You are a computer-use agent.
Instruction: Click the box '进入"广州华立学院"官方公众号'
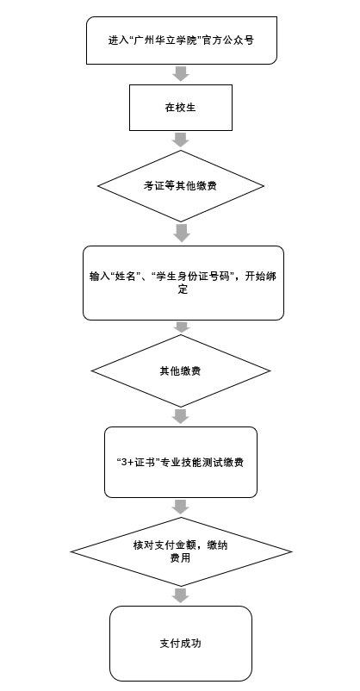[181, 40]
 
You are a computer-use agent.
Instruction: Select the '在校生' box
[181, 107]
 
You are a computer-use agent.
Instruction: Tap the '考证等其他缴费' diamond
[181, 185]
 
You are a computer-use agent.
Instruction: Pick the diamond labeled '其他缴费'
[181, 370]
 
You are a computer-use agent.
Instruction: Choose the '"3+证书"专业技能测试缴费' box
[181, 462]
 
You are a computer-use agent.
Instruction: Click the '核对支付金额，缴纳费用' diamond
[181, 551]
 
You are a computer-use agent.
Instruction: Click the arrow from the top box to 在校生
[181, 74]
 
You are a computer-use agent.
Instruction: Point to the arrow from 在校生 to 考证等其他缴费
[181, 140]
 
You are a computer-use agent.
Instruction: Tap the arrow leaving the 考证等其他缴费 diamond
[181, 233]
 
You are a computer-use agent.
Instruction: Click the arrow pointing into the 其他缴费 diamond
[181, 327]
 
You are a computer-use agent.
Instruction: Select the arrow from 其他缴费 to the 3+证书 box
[181, 416]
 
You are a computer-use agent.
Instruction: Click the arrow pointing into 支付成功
[181, 596]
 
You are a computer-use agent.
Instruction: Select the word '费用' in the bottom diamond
[181, 558]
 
